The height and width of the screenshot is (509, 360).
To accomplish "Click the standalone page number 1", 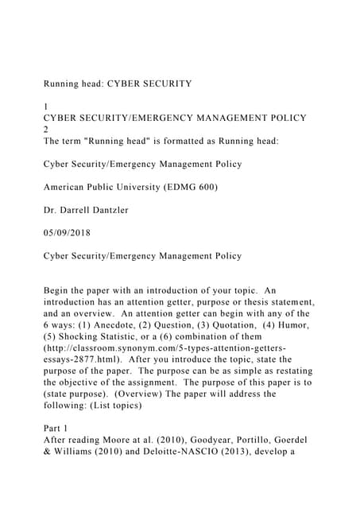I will (46, 105).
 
